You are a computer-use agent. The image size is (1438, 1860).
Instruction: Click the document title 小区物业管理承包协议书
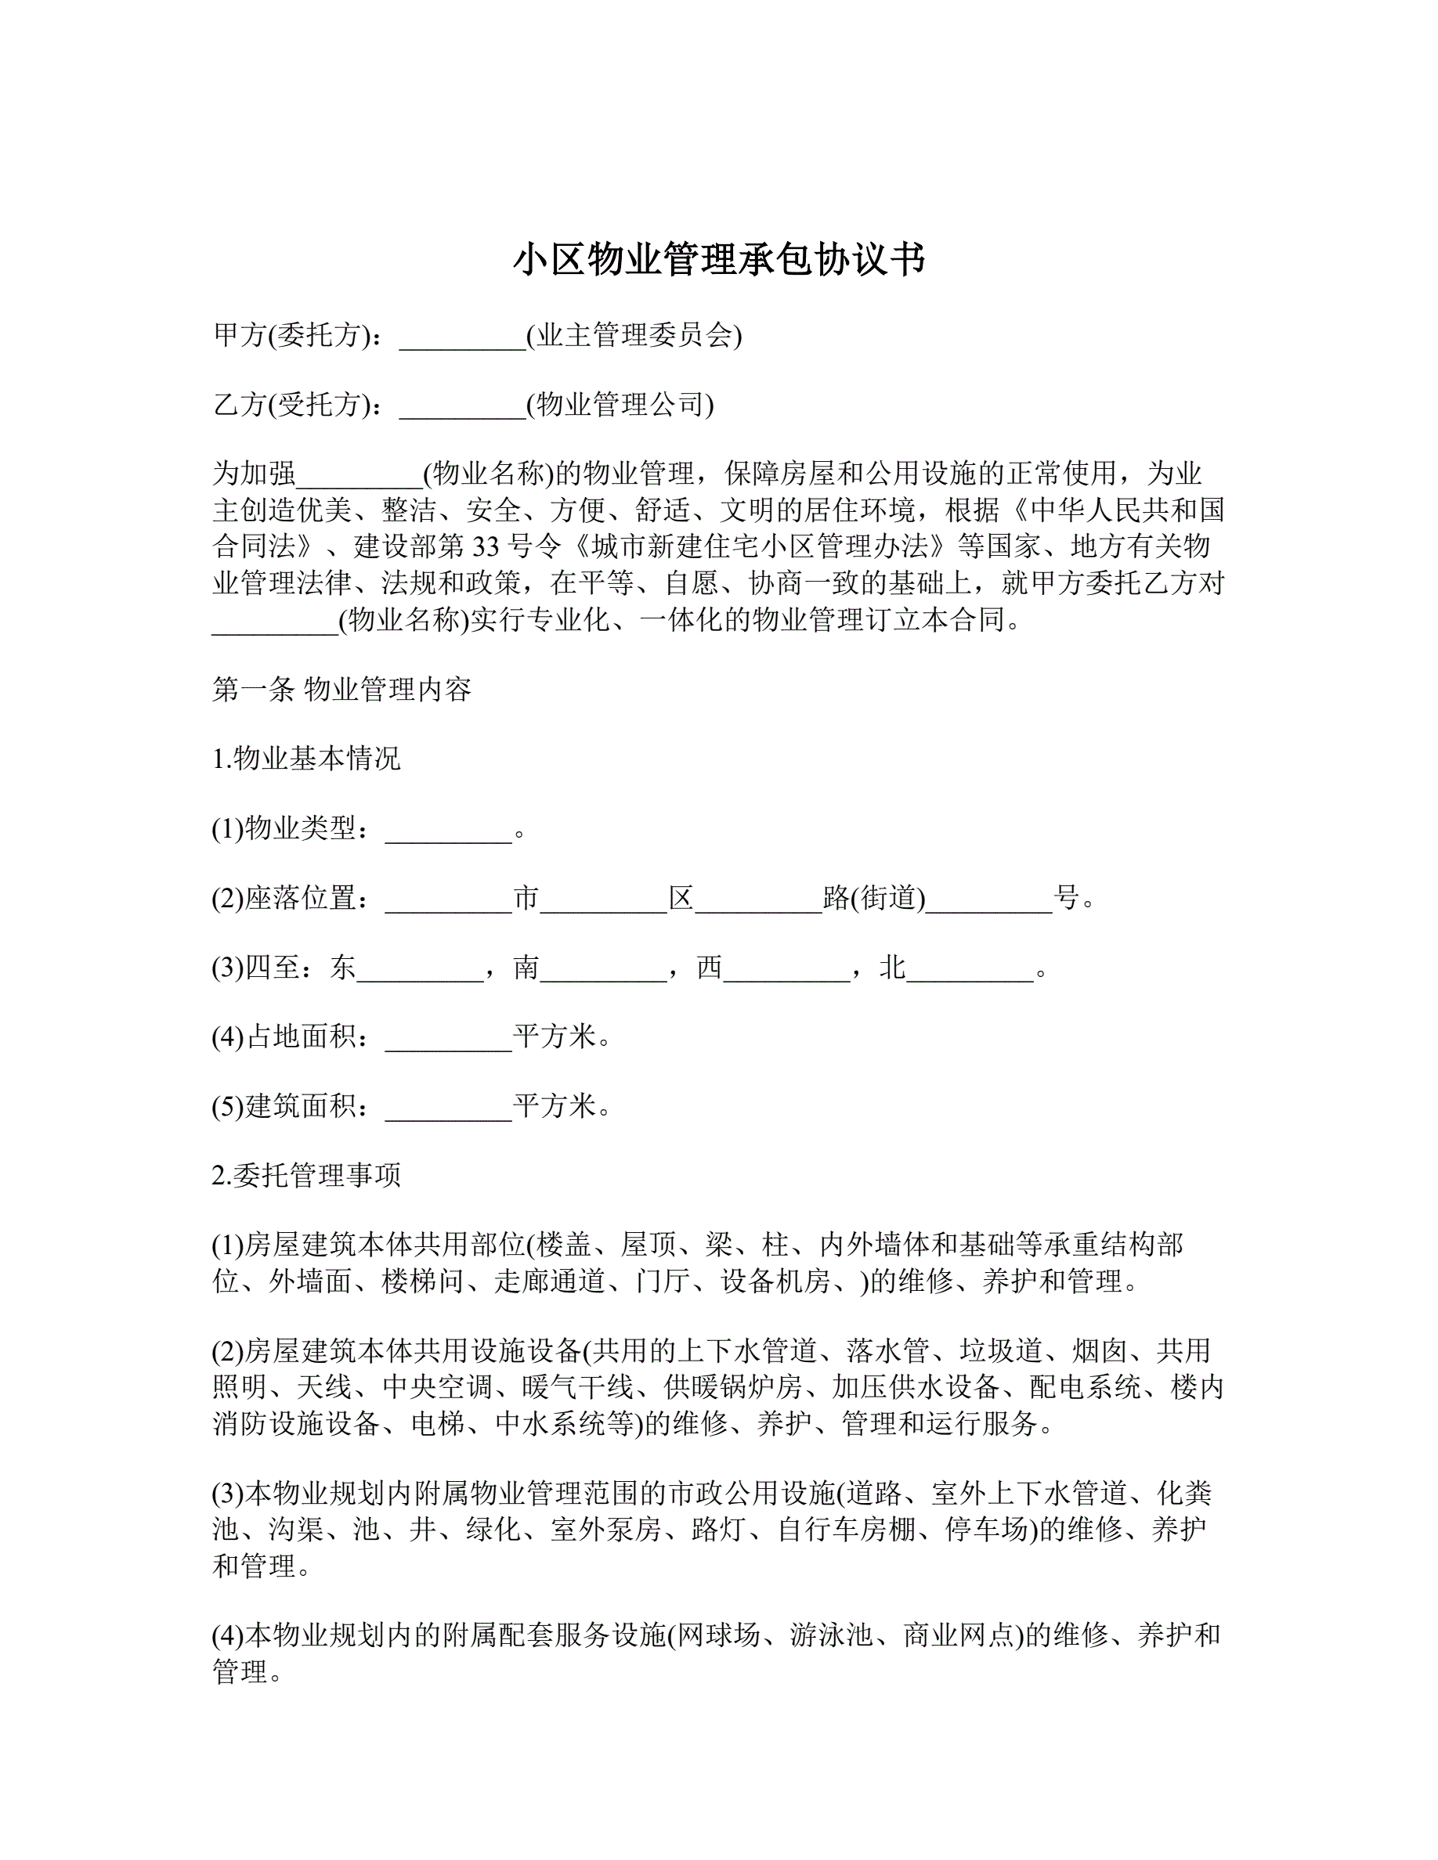tap(718, 260)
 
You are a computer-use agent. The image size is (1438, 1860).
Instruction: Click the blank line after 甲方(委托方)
tap(462, 338)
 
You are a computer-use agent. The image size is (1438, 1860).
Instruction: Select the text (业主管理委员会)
tap(634, 336)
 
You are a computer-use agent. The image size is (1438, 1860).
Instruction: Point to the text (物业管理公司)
tap(620, 405)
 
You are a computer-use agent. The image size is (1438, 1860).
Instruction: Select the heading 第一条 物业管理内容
tap(341, 689)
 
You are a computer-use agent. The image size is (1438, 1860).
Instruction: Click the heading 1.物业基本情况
tap(305, 759)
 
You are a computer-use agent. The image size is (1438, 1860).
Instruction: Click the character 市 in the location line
tap(526, 898)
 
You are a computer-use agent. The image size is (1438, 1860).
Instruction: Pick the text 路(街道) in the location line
tap(874, 898)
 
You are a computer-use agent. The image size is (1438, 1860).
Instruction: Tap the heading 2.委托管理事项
tap(305, 1176)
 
